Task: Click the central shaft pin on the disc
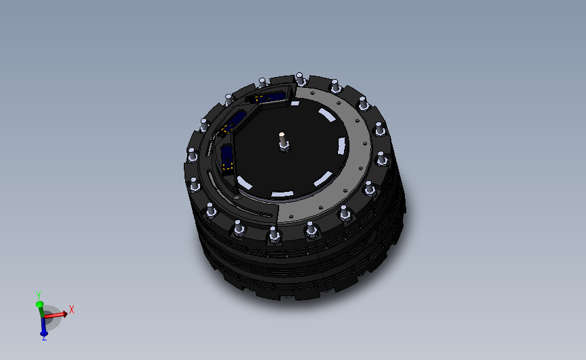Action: tap(283, 139)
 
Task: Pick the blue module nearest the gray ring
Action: tap(269, 99)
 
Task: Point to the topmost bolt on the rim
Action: tap(299, 76)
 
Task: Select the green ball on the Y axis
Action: tap(40, 305)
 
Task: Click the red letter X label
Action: tap(72, 309)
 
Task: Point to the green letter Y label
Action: tap(39, 295)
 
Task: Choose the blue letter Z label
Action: tap(44, 338)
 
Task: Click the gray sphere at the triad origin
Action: tap(49, 317)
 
